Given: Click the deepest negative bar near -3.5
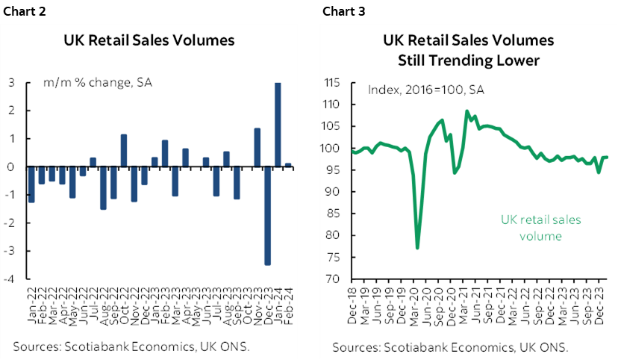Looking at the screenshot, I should [267, 216].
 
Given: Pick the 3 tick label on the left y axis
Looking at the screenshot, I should [13, 83].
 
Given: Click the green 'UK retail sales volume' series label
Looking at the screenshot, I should [540, 228].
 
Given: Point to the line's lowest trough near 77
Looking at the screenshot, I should [417, 247].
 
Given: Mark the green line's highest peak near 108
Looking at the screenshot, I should [467, 111].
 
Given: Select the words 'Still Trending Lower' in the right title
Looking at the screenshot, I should [468, 60].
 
